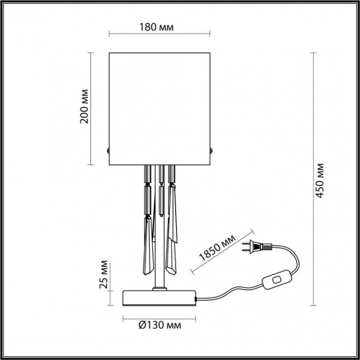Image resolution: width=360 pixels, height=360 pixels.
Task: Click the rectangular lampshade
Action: [x=160, y=109]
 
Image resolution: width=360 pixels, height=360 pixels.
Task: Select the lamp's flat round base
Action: [x=160, y=298]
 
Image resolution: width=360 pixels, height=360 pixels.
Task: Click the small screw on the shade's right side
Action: [x=212, y=150]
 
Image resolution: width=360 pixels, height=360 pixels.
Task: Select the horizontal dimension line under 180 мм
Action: [x=160, y=34]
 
